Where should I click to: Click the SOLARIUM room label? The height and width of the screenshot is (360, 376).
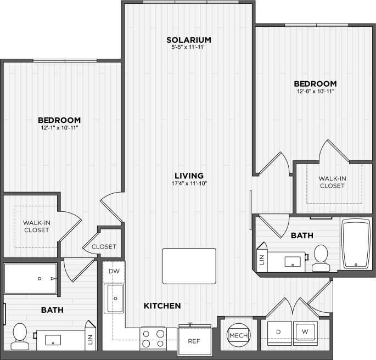189,40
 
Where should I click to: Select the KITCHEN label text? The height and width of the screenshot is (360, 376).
162,306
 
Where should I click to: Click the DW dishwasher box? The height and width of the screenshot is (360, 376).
114,271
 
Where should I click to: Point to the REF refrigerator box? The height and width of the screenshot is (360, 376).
193,341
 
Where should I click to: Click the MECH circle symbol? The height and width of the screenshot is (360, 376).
238,335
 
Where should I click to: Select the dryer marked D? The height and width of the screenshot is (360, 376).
278,333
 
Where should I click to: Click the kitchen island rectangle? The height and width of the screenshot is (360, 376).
189,266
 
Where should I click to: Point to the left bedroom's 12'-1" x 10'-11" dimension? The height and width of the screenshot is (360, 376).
59,128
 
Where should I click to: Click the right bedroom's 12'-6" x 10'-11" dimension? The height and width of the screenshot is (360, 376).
315,91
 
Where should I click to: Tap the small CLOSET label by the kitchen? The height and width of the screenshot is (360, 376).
104,247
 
